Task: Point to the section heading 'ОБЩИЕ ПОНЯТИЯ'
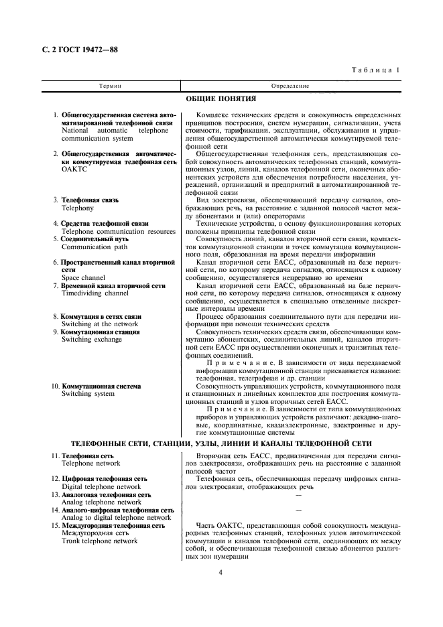coord(220,99)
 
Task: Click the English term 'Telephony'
coord(78,208)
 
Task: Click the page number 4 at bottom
coord(220,572)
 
